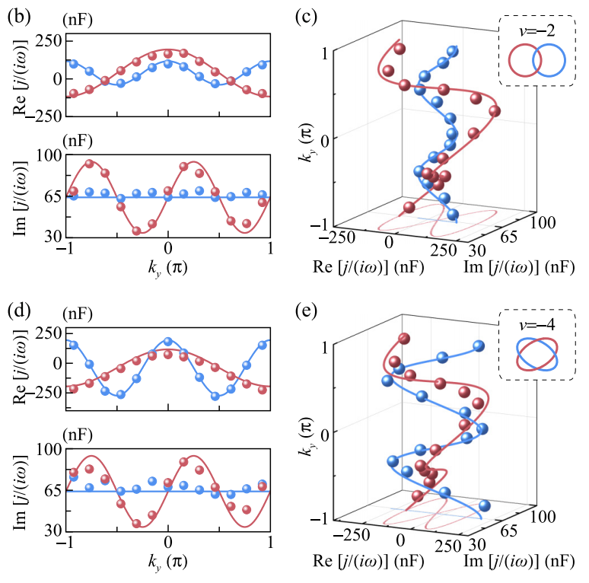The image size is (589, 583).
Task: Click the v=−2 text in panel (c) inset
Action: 535,30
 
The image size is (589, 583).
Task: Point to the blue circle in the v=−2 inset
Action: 548,61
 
